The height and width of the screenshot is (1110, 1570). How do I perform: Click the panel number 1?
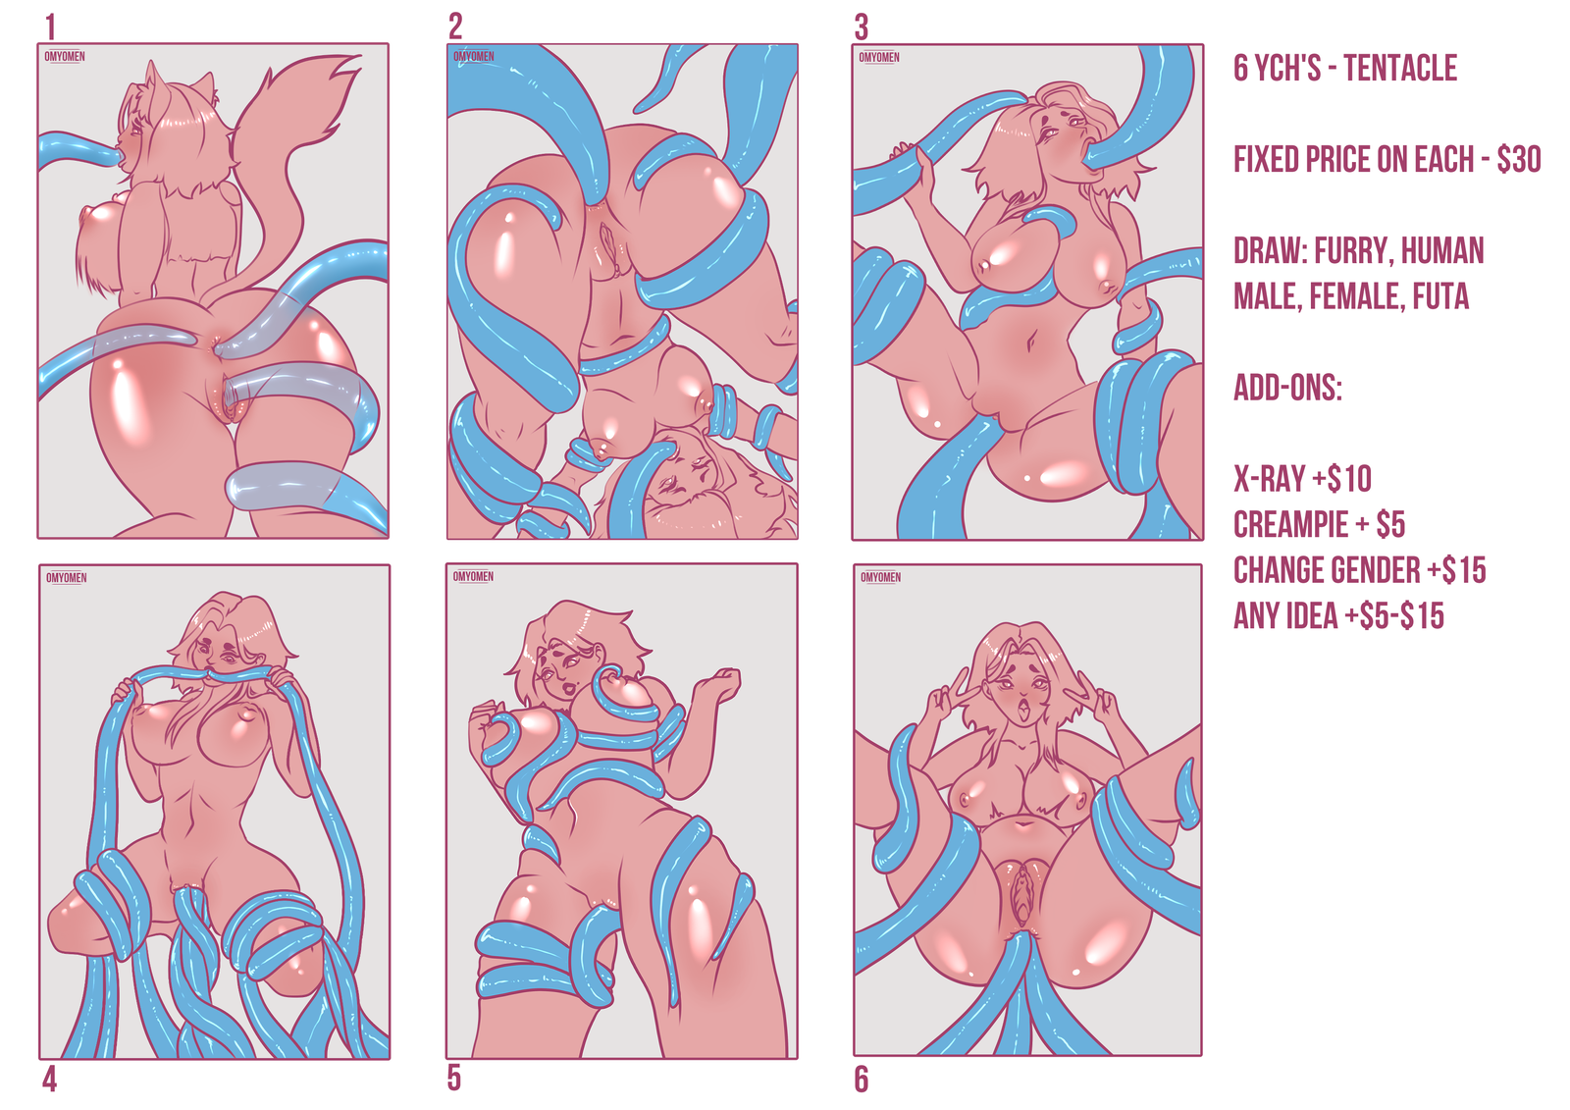tap(50, 28)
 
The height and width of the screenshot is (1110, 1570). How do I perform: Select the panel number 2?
tap(455, 27)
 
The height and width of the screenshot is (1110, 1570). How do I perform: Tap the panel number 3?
tap(862, 28)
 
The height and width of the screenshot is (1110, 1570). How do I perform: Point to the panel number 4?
tap(49, 1080)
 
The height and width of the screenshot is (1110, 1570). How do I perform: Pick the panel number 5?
tap(454, 1079)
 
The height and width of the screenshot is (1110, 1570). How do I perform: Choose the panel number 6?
tap(862, 1080)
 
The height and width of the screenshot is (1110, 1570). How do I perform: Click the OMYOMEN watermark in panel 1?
tap(65, 56)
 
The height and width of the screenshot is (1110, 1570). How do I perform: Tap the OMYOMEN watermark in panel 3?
tap(879, 58)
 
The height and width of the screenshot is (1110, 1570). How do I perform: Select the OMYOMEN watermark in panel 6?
tap(881, 577)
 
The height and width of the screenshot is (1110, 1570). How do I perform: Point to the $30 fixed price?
tap(1519, 159)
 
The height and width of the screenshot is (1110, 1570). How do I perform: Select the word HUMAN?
tap(1449, 250)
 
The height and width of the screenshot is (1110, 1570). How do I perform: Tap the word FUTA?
tap(1440, 296)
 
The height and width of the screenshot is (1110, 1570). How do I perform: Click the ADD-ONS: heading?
tap(1287, 387)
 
